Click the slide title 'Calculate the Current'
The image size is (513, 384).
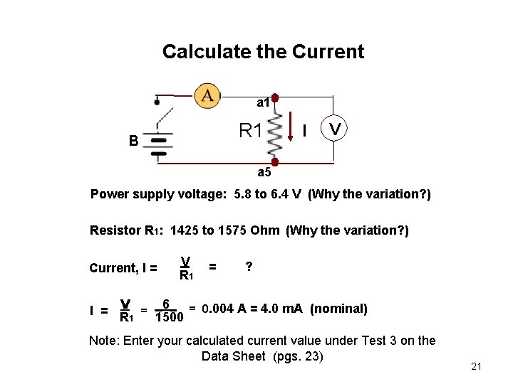point(263,52)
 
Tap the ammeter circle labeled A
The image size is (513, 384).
point(207,95)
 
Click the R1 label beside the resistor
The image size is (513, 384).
point(251,131)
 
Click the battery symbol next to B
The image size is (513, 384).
point(158,145)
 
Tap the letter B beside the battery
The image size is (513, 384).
point(133,141)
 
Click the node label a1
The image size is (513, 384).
point(263,103)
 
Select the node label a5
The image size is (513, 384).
point(264,172)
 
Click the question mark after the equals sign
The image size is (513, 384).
point(248,267)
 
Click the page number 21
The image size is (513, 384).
point(477,366)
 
